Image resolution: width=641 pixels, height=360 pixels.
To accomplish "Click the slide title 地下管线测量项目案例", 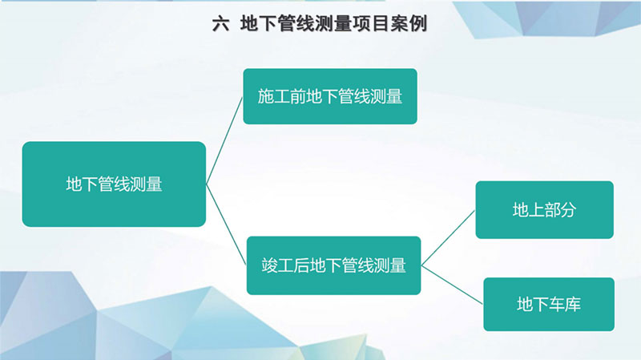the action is [333, 24].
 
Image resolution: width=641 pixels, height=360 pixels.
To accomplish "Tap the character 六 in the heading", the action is [221, 24].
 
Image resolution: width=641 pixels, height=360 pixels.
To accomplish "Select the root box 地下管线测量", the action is [114, 184].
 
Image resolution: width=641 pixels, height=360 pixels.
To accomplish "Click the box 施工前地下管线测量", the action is [330, 96].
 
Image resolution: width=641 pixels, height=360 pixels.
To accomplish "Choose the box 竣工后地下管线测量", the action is [333, 265].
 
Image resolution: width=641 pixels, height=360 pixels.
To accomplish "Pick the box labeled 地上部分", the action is [545, 210].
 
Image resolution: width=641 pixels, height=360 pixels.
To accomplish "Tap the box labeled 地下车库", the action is [549, 305].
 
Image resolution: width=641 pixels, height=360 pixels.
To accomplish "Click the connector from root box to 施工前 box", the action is [224, 141].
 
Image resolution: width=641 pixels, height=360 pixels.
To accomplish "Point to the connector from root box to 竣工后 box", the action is [226, 224].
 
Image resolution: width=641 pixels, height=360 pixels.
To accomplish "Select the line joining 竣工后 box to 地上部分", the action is [448, 238].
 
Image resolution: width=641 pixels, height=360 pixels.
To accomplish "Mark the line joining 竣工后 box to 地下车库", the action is [452, 285].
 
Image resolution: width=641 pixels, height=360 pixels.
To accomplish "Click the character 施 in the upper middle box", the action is [266, 96].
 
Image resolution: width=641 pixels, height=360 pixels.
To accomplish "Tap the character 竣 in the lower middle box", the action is [269, 265].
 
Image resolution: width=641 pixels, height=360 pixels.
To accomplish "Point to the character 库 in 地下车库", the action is [573, 305].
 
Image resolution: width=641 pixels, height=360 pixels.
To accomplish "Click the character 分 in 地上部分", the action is [569, 210].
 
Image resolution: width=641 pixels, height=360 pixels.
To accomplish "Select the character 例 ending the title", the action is [417, 24].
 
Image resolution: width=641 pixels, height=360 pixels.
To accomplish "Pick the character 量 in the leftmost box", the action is [155, 184].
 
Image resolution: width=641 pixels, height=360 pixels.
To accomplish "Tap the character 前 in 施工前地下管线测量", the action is [298, 96].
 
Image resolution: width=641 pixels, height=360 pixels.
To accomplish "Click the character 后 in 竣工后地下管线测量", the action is [302, 265].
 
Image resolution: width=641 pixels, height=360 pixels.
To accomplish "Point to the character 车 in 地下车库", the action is [557, 305].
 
